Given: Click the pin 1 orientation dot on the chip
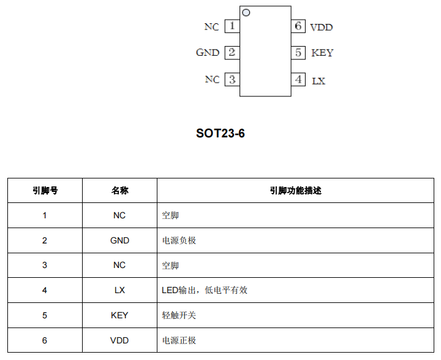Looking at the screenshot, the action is pyautogui.click(x=246, y=13).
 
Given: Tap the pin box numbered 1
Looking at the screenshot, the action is pyautogui.click(x=232, y=26).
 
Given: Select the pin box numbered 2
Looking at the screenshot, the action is pyautogui.click(x=232, y=53).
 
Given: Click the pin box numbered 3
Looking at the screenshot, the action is pyautogui.click(x=232, y=80).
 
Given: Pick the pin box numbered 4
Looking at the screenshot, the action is pyautogui.click(x=298, y=80).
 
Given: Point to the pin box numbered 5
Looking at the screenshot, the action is pyautogui.click(x=298, y=53).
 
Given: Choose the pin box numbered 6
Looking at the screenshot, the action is pyautogui.click(x=298, y=26).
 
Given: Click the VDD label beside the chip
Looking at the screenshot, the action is pyautogui.click(x=322, y=28).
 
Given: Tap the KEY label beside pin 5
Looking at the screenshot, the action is pyautogui.click(x=322, y=53).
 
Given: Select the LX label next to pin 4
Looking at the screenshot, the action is pyautogui.click(x=318, y=81).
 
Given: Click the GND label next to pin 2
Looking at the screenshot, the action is pyautogui.click(x=208, y=52).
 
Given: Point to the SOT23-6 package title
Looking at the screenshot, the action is pyautogui.click(x=221, y=133).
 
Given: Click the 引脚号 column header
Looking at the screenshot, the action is pyautogui.click(x=45, y=191).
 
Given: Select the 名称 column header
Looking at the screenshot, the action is pyautogui.click(x=120, y=191).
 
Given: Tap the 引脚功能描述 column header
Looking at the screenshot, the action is pyautogui.click(x=296, y=191).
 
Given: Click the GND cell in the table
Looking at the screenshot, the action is pyautogui.click(x=120, y=240).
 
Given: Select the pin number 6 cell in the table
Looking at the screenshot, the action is pyautogui.click(x=45, y=340).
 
